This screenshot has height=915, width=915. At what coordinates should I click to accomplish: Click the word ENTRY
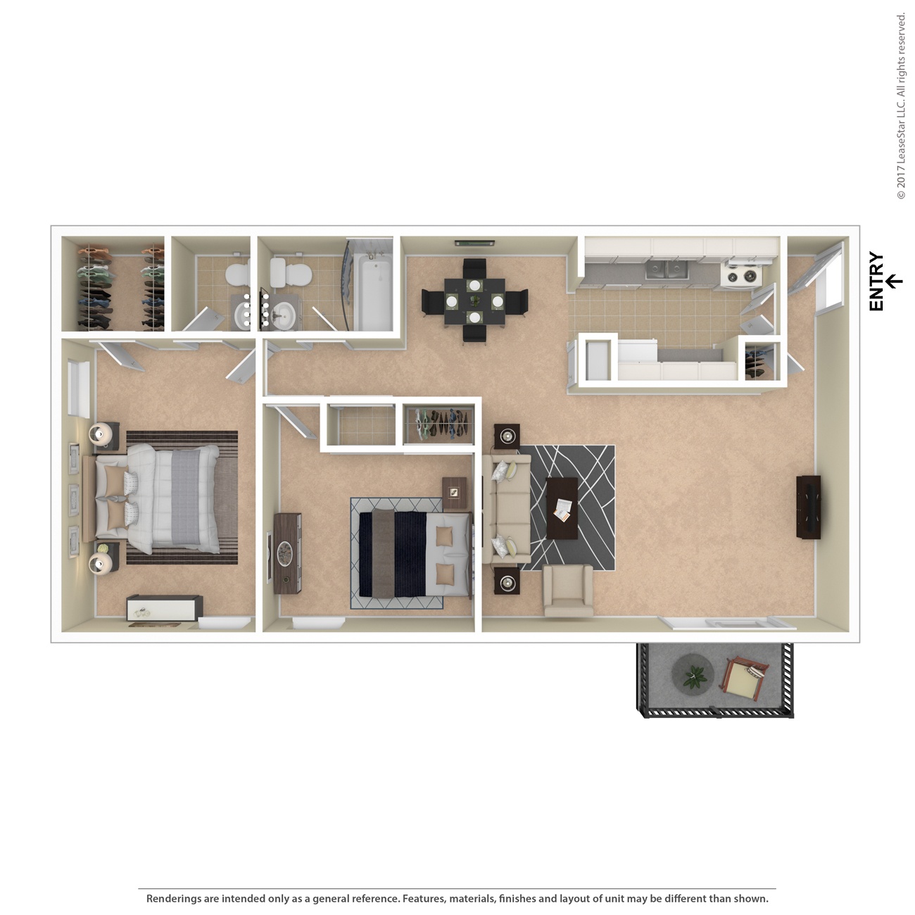coord(876,282)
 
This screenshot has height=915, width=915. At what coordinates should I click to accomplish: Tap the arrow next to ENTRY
coord(894,282)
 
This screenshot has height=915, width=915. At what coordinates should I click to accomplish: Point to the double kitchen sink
coord(666,269)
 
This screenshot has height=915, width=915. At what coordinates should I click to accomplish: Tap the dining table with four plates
coord(474,301)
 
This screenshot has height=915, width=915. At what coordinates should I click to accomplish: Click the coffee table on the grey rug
coord(562,508)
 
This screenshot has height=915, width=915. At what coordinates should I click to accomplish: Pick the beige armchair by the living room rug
coord(567,591)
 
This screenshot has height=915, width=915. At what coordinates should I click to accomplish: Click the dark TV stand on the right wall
coord(808,507)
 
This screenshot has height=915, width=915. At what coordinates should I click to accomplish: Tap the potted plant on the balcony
coord(693,674)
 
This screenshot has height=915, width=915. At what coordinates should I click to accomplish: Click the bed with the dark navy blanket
coord(412,553)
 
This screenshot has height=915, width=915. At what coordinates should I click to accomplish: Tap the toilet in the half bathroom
coord(237,274)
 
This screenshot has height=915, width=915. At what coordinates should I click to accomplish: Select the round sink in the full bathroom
coord(285,316)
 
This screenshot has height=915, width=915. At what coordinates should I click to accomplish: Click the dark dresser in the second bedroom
coord(287,553)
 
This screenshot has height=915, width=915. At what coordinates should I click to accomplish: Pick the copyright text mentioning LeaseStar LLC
coord(901,106)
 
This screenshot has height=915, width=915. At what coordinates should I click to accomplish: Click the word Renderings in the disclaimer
coord(173,899)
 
